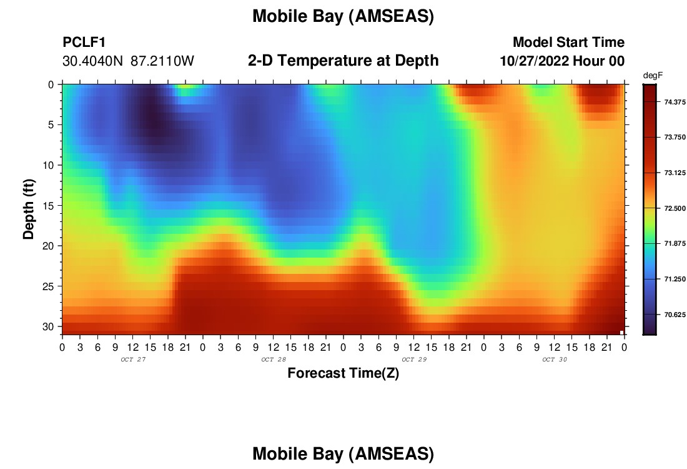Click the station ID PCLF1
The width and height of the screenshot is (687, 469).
84,42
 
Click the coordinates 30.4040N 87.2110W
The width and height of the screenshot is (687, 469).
128,61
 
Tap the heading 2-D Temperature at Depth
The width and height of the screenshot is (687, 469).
343,61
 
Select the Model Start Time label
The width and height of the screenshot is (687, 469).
568,42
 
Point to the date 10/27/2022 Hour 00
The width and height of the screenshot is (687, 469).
562,61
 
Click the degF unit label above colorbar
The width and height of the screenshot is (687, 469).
653,76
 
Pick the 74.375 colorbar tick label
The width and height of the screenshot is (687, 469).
675,102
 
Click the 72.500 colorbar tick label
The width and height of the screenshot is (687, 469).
675,208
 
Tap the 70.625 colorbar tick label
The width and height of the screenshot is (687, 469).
675,315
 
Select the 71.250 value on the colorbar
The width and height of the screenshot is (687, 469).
675,279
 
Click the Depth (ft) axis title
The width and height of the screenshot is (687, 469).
28,209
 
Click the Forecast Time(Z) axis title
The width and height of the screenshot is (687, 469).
343,373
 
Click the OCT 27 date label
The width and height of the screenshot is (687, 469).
133,360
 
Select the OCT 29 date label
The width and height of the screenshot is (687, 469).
414,360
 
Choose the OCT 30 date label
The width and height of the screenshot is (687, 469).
555,360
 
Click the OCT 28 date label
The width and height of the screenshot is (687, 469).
274,360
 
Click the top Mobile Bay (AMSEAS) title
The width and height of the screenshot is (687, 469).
343,16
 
